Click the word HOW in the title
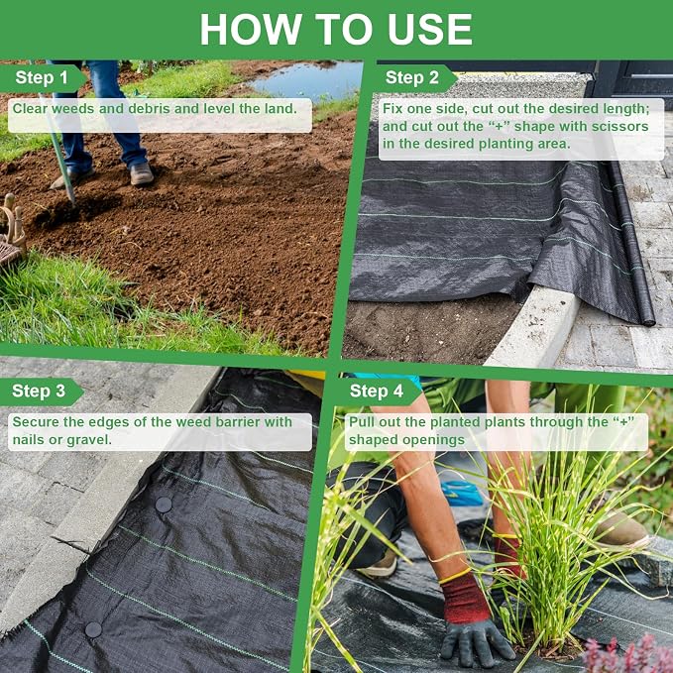(x=250, y=29)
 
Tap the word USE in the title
(x=429, y=29)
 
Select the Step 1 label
(x=42, y=77)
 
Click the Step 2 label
(x=412, y=77)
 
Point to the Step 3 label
(x=39, y=391)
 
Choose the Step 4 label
(x=377, y=391)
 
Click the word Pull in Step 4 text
(x=359, y=422)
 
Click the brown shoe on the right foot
(x=142, y=173)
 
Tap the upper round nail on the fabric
(x=164, y=505)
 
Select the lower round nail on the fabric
(x=93, y=629)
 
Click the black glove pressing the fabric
(x=476, y=640)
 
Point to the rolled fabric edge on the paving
(x=631, y=244)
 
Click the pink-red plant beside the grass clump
(x=625, y=654)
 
